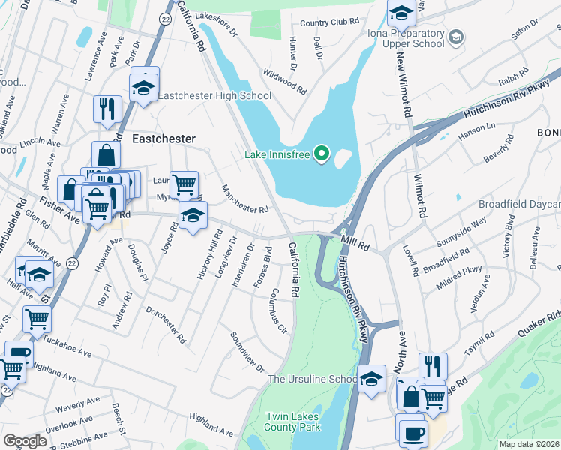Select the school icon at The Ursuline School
point(371,377)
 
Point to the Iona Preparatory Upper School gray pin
point(455,36)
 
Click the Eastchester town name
point(163,139)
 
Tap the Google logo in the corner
point(25,440)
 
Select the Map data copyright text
point(529,444)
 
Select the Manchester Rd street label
point(244,199)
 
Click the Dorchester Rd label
point(166,324)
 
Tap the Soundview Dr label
point(247,351)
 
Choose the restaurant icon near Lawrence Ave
point(107,109)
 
